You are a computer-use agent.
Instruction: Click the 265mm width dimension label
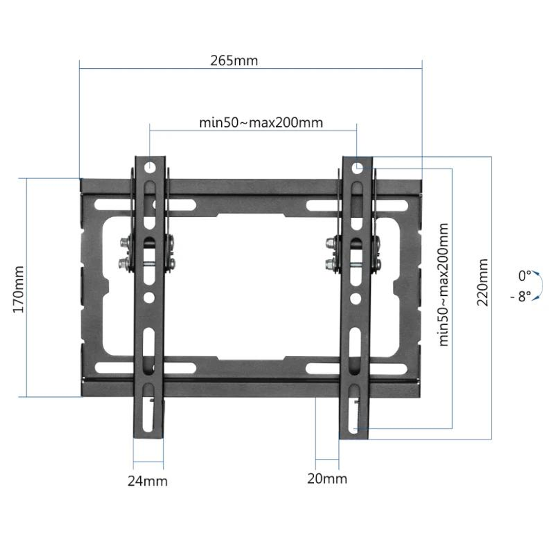(234, 61)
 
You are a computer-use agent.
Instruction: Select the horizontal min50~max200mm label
(261, 123)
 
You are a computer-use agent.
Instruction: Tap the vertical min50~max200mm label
(444, 284)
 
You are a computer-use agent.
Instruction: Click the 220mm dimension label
(482, 282)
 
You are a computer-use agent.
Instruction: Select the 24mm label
(147, 481)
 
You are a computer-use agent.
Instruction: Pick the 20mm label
(327, 479)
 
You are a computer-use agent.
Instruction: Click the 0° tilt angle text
(524, 276)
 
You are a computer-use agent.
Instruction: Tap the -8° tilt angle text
(521, 297)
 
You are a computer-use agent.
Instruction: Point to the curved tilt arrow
(537, 285)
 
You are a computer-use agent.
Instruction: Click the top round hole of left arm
(149, 166)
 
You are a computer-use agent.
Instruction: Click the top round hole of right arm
(358, 167)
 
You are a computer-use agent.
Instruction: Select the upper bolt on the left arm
(125, 242)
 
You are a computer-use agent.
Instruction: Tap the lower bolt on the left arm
(124, 264)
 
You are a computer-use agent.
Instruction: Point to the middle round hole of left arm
(148, 297)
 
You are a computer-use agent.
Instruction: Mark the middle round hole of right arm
(355, 297)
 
